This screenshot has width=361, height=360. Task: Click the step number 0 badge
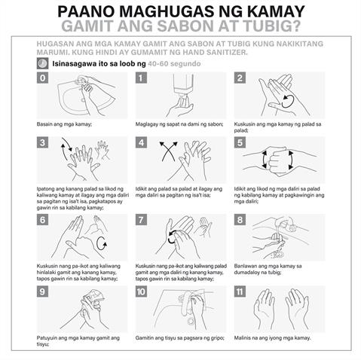(x=42, y=78)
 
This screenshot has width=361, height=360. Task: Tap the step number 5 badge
(x=240, y=142)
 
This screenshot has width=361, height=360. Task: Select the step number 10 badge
(x=141, y=291)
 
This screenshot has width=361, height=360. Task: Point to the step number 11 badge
(x=240, y=291)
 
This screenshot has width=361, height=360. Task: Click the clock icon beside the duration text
(x=42, y=63)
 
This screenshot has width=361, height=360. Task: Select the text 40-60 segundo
(x=174, y=64)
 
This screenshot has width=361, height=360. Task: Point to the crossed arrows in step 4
(x=169, y=151)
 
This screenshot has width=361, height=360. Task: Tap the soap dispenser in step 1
(x=184, y=85)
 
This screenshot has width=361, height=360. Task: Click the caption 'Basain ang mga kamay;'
(x=64, y=124)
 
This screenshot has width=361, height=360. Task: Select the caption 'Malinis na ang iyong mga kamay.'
(x=273, y=338)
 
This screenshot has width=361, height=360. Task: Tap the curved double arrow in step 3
(x=66, y=148)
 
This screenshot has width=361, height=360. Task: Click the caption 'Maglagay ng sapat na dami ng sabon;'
(x=179, y=124)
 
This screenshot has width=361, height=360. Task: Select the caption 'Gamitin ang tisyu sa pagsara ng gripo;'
(x=180, y=338)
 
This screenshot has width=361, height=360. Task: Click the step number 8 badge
(x=240, y=220)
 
